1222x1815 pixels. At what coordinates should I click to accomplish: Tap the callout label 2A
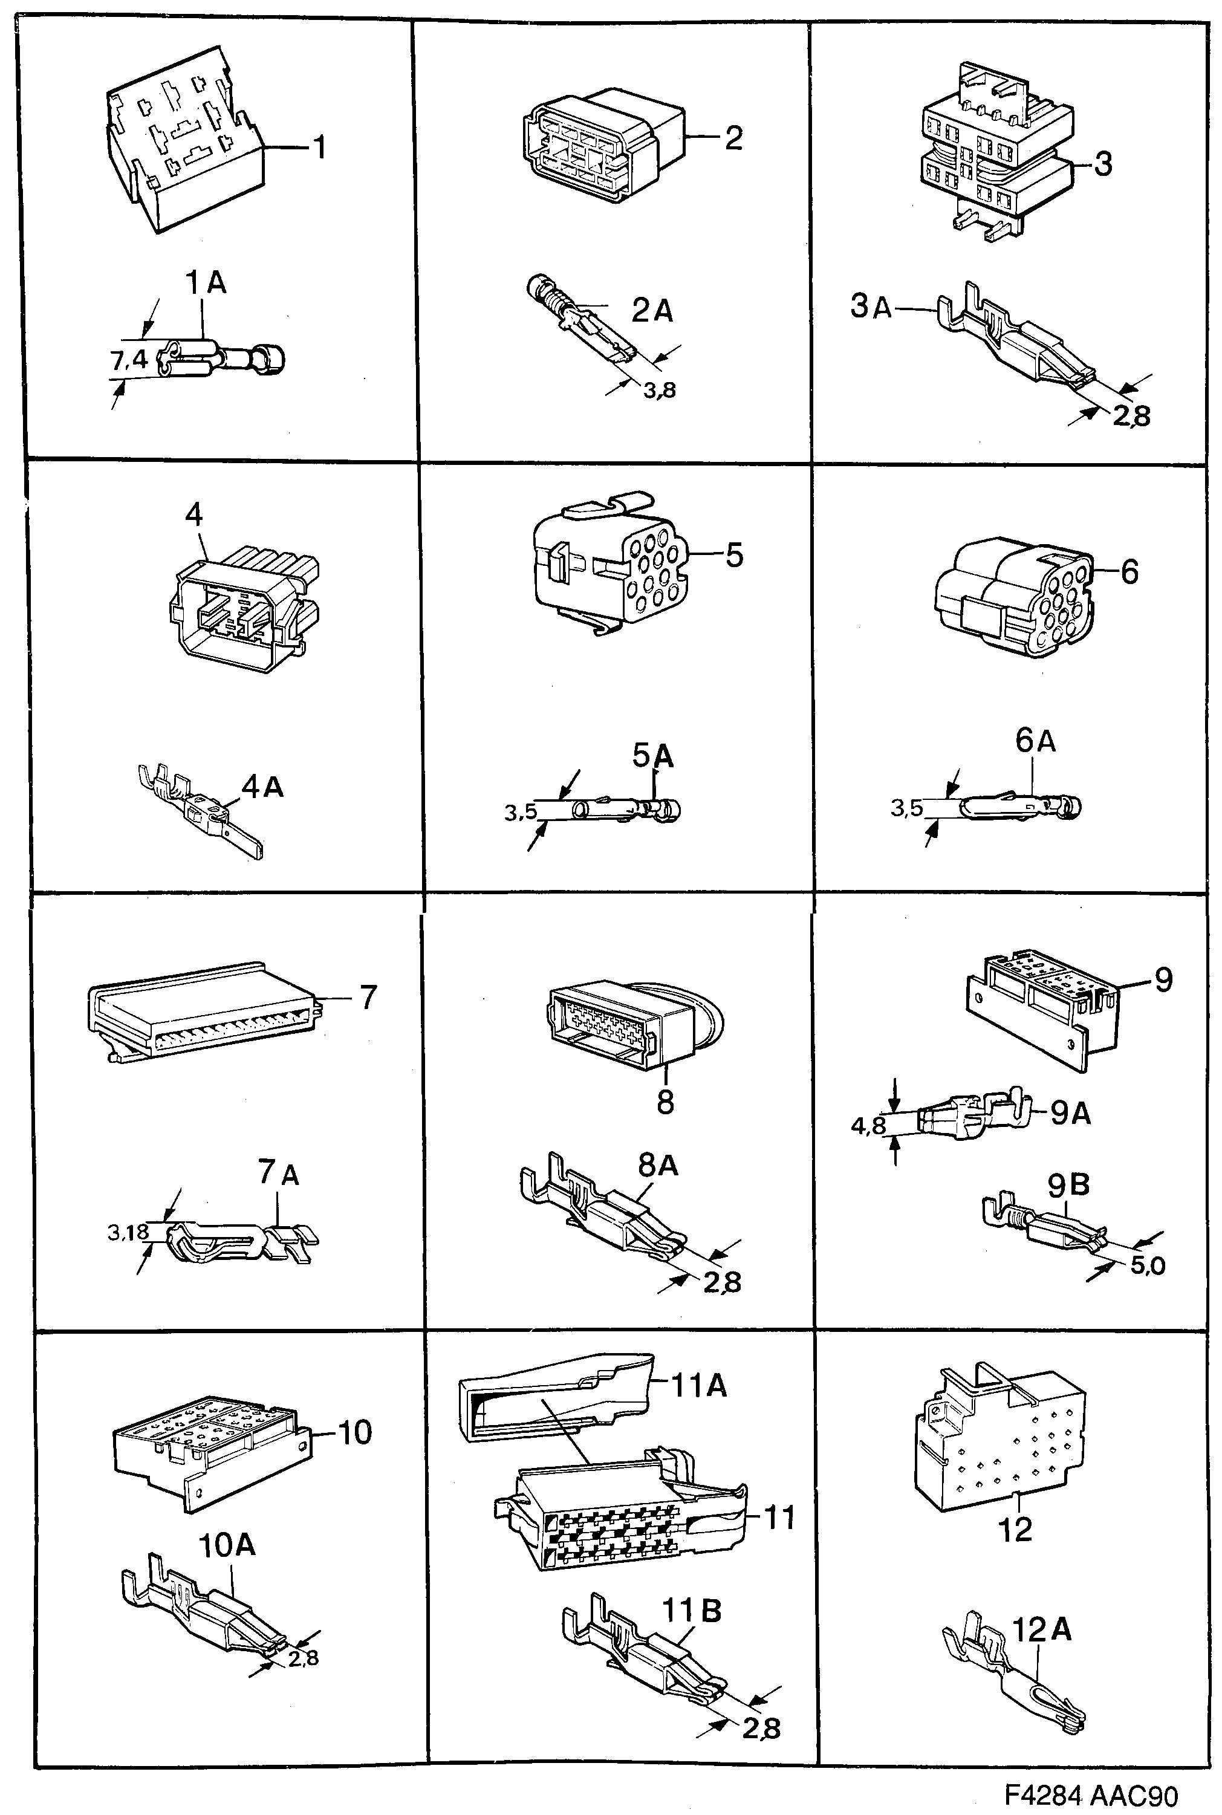[x=652, y=310]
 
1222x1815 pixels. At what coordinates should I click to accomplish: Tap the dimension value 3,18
[x=128, y=1232]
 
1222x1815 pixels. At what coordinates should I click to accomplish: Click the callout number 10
[x=354, y=1432]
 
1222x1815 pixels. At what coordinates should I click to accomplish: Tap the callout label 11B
[x=691, y=1610]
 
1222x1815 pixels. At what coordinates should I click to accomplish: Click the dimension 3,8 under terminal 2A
[x=658, y=391]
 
